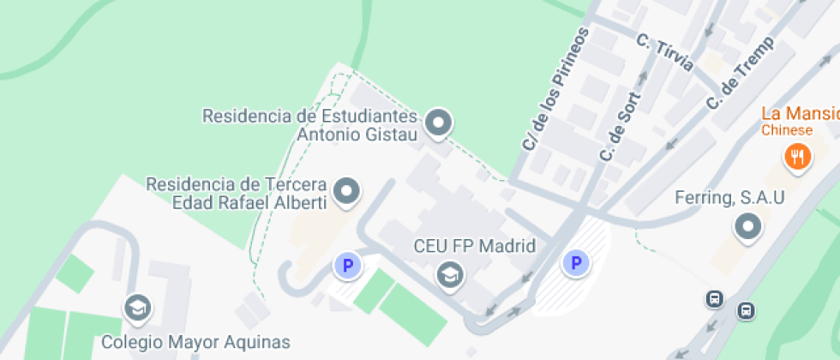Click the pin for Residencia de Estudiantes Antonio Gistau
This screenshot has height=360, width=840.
point(440,123)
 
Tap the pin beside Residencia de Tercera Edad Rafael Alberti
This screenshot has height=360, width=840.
point(347,192)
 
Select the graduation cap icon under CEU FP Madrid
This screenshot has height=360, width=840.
point(448,274)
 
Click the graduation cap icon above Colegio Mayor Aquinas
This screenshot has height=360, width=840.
point(135,306)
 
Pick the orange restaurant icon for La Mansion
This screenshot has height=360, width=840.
point(798,156)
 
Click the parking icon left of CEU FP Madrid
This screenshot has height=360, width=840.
point(347,266)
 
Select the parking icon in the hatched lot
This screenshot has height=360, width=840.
point(576,263)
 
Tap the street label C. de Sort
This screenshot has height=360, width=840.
point(621,124)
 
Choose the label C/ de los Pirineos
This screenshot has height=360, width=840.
point(556,89)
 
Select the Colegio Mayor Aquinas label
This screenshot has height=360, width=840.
point(195,343)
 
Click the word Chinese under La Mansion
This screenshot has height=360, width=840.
point(787,130)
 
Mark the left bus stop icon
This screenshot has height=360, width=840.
point(713,298)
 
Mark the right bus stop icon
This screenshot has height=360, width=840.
point(747,310)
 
